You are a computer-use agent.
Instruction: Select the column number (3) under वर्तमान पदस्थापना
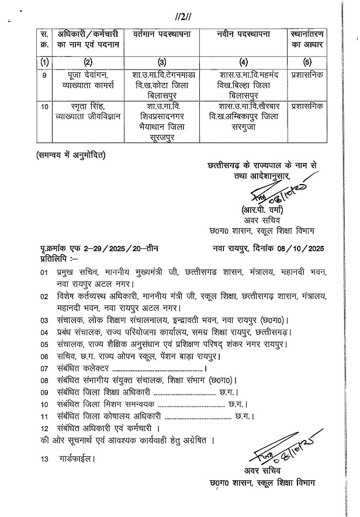[x=162, y=63]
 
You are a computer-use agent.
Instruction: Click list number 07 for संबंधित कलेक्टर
[x=44, y=369]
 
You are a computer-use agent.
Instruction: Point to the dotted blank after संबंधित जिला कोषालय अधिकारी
[x=197, y=418]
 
